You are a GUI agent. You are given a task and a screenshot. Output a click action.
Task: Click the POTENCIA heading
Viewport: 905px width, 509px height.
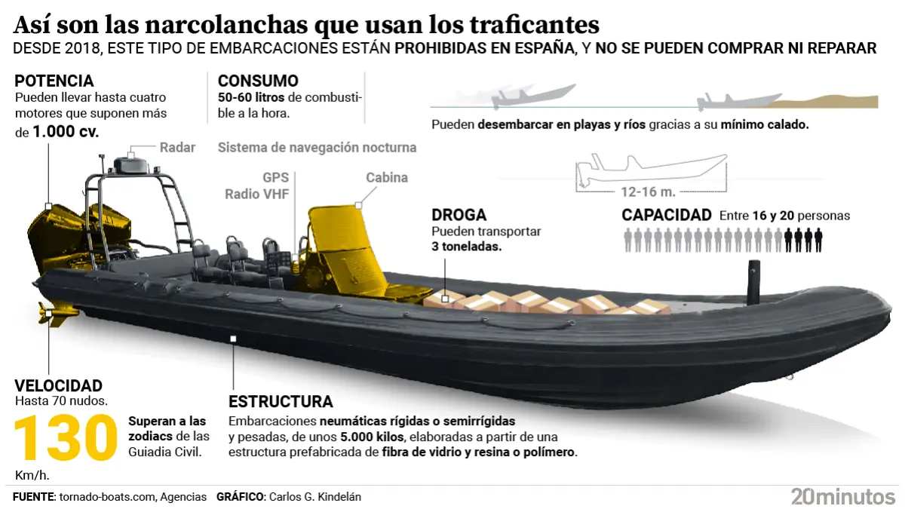pos(54,81)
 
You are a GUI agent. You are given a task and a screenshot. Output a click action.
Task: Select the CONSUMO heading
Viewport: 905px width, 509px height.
pos(258,81)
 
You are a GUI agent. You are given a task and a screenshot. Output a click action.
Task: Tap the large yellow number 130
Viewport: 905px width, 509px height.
pos(66,437)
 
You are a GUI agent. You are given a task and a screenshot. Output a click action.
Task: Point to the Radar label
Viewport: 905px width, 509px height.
pos(178,148)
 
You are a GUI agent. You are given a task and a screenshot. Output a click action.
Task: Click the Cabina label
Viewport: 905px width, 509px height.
pos(387,178)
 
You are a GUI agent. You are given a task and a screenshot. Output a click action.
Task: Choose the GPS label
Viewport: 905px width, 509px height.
pos(276,178)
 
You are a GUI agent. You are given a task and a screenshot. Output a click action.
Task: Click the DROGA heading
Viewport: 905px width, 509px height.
pos(459,216)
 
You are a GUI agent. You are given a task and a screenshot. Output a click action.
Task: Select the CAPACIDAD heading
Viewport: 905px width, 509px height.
pos(667,215)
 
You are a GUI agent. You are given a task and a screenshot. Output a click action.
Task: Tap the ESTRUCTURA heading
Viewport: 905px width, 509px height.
pos(281,401)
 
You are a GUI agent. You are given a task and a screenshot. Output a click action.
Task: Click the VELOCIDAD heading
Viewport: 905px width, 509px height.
pos(59,385)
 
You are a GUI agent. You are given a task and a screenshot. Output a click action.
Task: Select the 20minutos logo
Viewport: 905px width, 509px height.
pos(842,495)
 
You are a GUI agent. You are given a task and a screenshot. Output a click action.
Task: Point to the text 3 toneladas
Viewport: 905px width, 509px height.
pos(467,247)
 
